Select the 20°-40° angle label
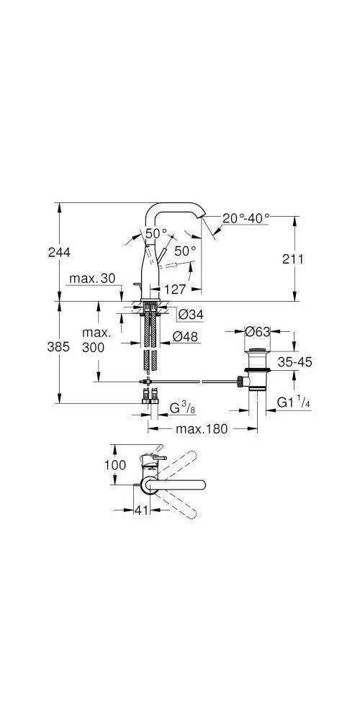click(x=246, y=217)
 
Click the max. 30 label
click(x=94, y=279)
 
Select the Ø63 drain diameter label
click(x=257, y=332)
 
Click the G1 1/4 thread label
click(x=293, y=402)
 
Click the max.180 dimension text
click(x=202, y=429)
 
